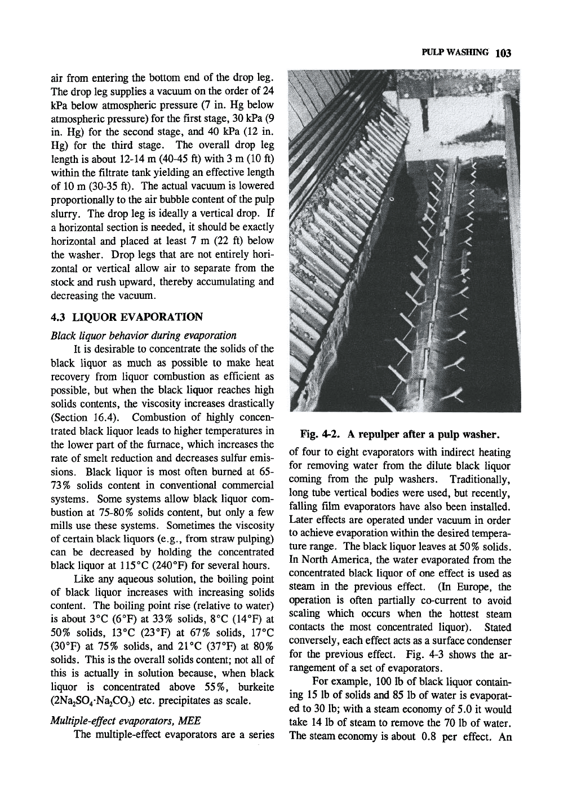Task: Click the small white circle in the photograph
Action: (390, 200)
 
